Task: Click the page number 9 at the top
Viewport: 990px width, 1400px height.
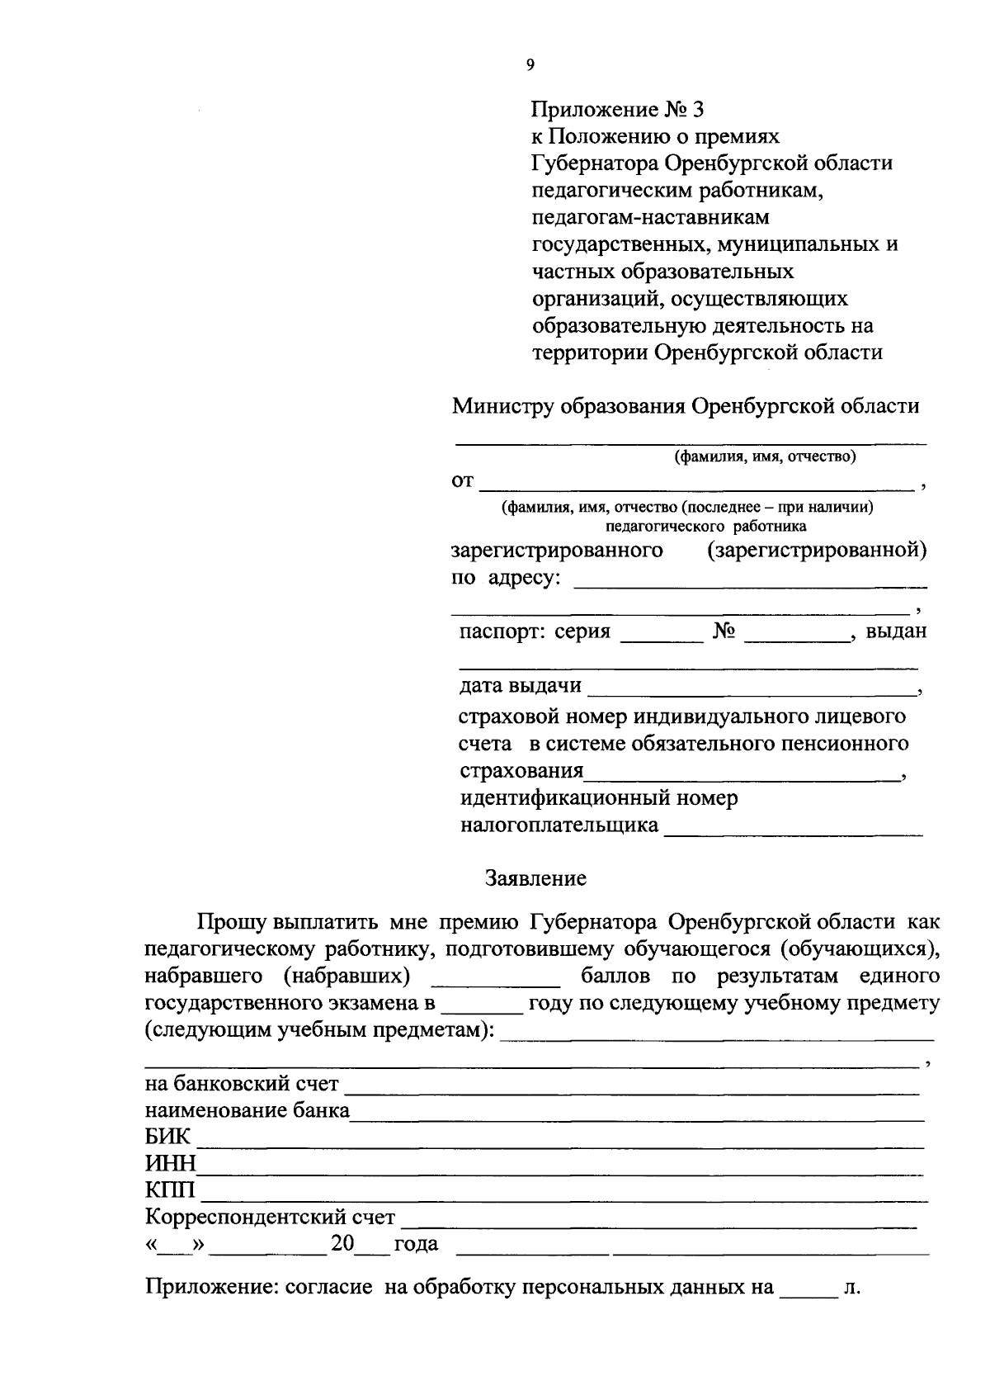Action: [530, 66]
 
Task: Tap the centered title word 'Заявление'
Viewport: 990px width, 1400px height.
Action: [535, 878]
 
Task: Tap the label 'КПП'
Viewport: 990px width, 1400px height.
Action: [170, 1191]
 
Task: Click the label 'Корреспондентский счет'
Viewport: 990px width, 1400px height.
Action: [270, 1218]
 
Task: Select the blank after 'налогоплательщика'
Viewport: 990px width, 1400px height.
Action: [794, 834]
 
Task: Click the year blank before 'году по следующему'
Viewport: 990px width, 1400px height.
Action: [483, 1011]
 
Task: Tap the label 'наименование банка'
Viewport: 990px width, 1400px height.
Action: [247, 1110]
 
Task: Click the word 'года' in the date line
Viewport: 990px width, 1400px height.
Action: [417, 1244]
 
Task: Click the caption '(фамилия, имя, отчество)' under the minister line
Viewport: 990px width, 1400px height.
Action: [764, 456]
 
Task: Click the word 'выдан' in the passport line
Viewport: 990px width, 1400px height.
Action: [896, 631]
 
